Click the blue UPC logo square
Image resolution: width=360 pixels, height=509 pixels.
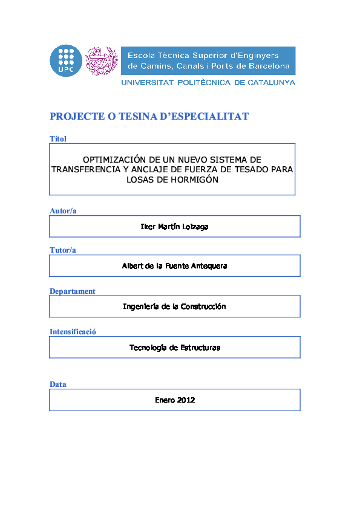(x=65, y=60)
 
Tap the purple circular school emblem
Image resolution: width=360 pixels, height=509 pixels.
(x=101, y=60)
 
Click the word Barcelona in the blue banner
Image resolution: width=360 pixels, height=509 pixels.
(x=267, y=66)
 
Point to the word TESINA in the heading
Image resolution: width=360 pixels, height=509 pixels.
(x=132, y=116)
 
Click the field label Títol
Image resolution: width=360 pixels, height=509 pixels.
(x=57, y=139)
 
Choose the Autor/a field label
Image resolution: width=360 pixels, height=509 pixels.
(x=63, y=211)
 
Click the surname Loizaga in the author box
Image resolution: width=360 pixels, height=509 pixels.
(x=194, y=227)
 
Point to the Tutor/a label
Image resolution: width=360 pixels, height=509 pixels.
(x=62, y=250)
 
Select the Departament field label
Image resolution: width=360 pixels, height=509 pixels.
(x=72, y=291)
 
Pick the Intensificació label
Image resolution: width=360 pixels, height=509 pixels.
(x=73, y=331)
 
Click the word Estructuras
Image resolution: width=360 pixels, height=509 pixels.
(x=200, y=348)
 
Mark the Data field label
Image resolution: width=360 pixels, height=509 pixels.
(x=57, y=384)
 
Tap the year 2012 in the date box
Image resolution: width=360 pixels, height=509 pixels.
(x=186, y=400)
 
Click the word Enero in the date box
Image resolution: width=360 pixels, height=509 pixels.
(x=165, y=400)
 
